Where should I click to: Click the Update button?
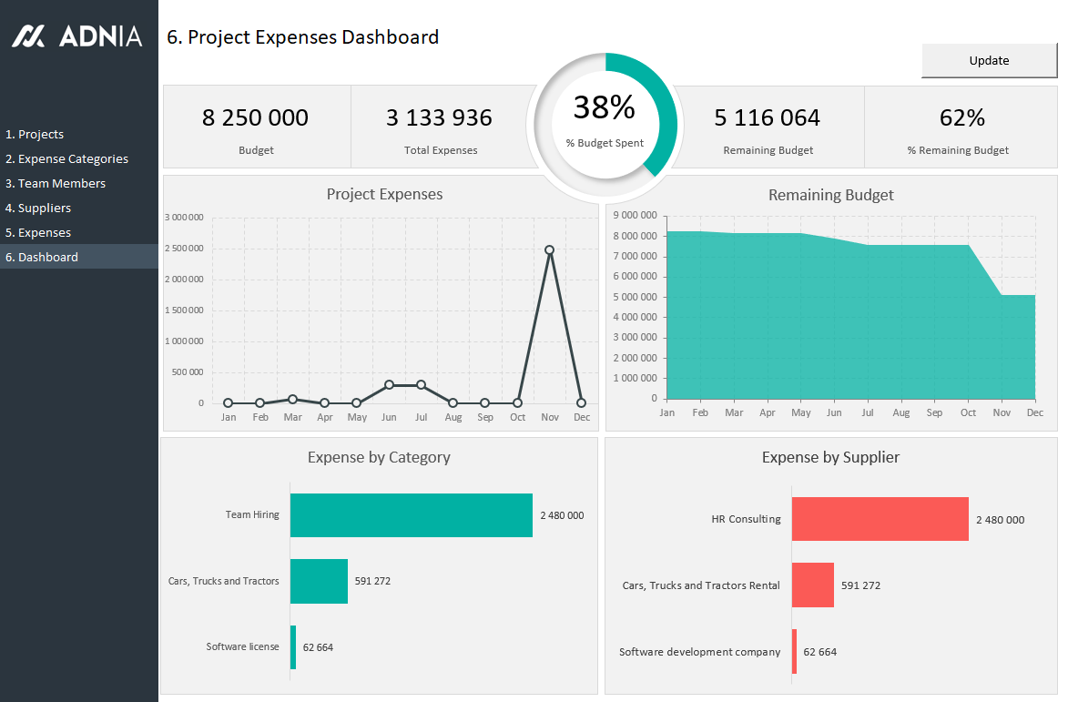tap(989, 61)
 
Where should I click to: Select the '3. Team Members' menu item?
tap(56, 183)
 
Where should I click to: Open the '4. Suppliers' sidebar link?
tap(38, 208)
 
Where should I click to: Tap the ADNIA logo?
tap(77, 36)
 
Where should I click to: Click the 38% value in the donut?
tap(604, 108)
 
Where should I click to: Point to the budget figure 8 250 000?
tap(255, 117)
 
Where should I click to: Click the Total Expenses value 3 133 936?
tap(439, 117)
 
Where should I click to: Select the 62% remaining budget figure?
tap(961, 117)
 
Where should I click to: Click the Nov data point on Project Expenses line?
tap(549, 249)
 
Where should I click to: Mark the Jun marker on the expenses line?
tap(389, 385)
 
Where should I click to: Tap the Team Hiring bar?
tap(411, 515)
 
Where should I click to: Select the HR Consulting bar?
tap(880, 519)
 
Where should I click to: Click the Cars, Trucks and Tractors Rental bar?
tap(812, 585)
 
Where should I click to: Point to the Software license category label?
tap(242, 646)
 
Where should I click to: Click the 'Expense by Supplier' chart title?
tap(830, 457)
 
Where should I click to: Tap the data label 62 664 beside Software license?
tap(318, 647)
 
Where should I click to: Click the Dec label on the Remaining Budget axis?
tap(1034, 412)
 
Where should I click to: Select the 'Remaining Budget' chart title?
tap(830, 195)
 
